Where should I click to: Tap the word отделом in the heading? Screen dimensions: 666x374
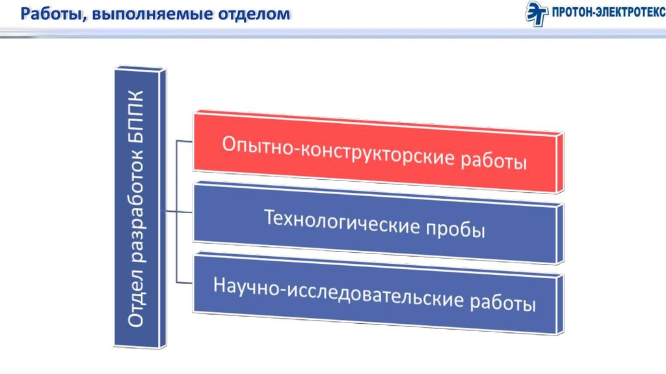pos(254,14)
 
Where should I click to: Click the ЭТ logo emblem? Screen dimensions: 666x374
pos(537,13)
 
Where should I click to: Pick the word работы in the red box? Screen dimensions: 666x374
pos(494,161)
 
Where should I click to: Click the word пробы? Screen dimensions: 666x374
pos(455,229)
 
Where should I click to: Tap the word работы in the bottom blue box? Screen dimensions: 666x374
pos(503,302)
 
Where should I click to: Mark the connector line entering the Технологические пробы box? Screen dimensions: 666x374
pos(179,212)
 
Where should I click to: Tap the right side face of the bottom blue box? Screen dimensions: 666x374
pos(560,304)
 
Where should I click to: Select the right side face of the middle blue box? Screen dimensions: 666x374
pos(560,234)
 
